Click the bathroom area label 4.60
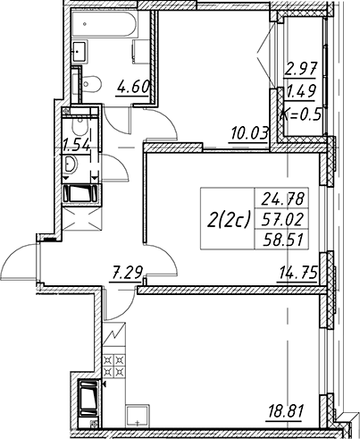point(133,87)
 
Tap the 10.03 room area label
point(248,133)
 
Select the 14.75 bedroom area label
point(297,272)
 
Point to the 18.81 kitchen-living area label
point(284,411)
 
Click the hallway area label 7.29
point(126,272)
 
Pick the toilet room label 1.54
point(76,145)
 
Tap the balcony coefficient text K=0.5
point(301,114)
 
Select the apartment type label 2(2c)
point(228,220)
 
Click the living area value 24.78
point(283,198)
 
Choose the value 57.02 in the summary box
point(283,220)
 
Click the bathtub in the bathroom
point(105,23)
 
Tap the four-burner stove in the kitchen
point(114,366)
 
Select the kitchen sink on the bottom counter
point(138,416)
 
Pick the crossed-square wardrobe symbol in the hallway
point(82,219)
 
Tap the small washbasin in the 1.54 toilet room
point(71,164)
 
